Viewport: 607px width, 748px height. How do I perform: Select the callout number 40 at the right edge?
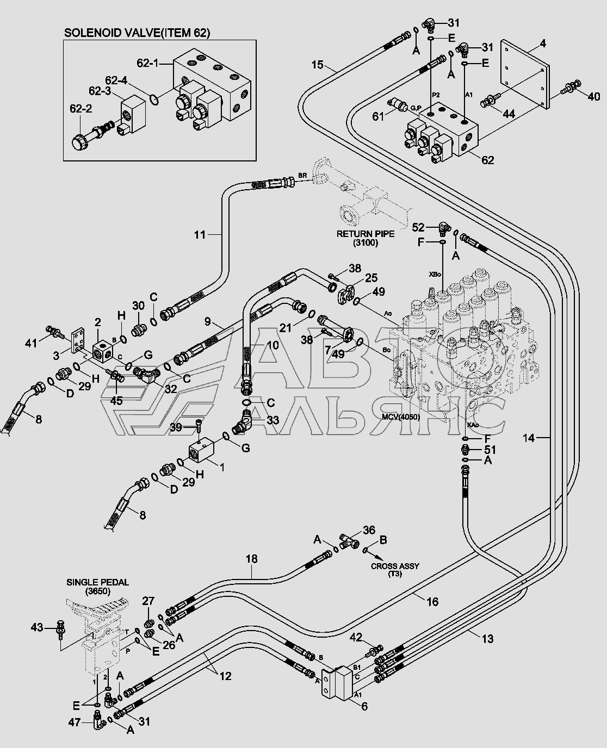coord(594,97)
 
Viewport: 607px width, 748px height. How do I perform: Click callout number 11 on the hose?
coord(201,234)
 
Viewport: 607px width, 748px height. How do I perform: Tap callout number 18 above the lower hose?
coord(251,559)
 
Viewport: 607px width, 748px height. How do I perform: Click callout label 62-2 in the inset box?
coord(80,109)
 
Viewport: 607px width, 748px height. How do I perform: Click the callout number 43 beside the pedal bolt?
coord(36,627)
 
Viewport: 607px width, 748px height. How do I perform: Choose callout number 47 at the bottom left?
coord(74,722)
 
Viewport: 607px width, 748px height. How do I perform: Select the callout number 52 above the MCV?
coord(418,227)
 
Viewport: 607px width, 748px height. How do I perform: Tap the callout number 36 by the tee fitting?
coord(369,530)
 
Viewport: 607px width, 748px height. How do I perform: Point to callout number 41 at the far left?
coord(31,342)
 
